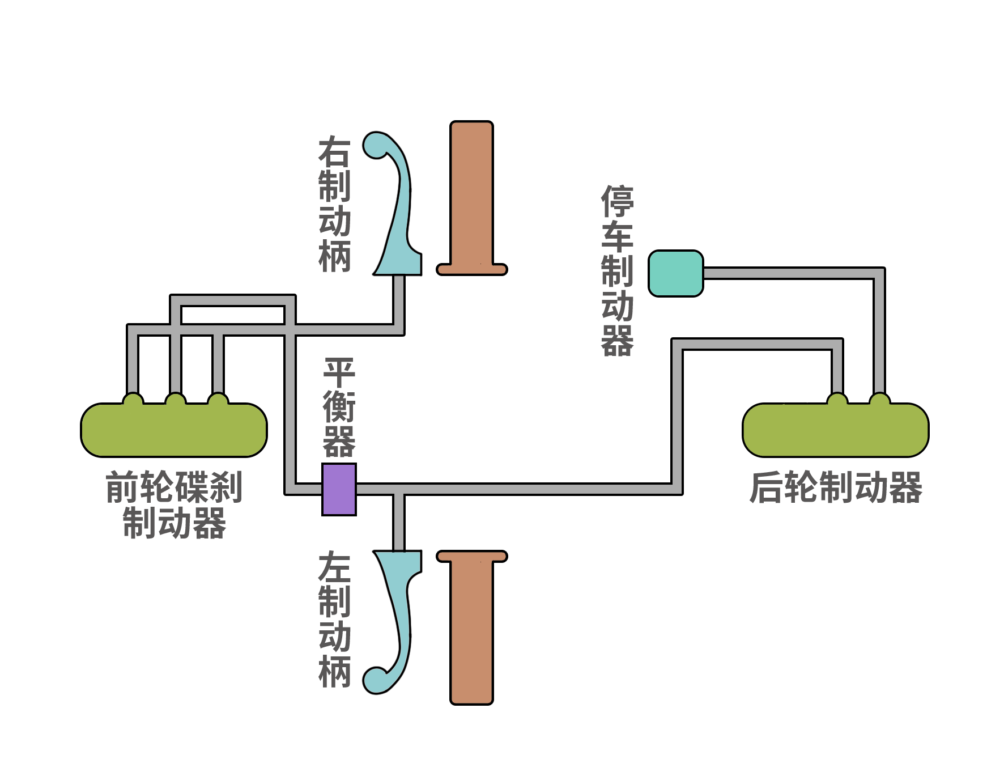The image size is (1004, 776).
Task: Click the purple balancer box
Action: tap(339, 489)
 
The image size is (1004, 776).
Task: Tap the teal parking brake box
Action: tap(676, 273)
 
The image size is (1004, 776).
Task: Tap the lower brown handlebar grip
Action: tap(471, 627)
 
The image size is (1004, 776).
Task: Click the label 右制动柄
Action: tap(334, 204)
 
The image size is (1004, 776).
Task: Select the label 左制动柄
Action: tap(334, 620)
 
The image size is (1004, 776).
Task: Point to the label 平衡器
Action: tap(339, 407)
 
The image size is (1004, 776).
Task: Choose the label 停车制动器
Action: tap(617, 271)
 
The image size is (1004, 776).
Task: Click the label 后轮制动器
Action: tap(836, 487)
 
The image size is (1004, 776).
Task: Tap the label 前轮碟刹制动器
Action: tap(175, 504)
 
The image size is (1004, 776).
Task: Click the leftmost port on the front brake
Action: tap(133, 398)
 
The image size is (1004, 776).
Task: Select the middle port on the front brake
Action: tap(176, 398)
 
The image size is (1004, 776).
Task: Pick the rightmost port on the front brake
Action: tap(218, 398)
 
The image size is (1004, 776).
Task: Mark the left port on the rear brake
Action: tap(837, 398)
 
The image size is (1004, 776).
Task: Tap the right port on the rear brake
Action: tap(880, 398)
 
